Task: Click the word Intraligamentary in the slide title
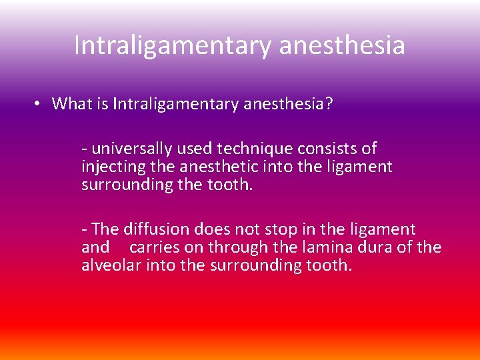[171, 45]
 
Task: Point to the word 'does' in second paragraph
[213, 229]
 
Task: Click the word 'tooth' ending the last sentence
[329, 265]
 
